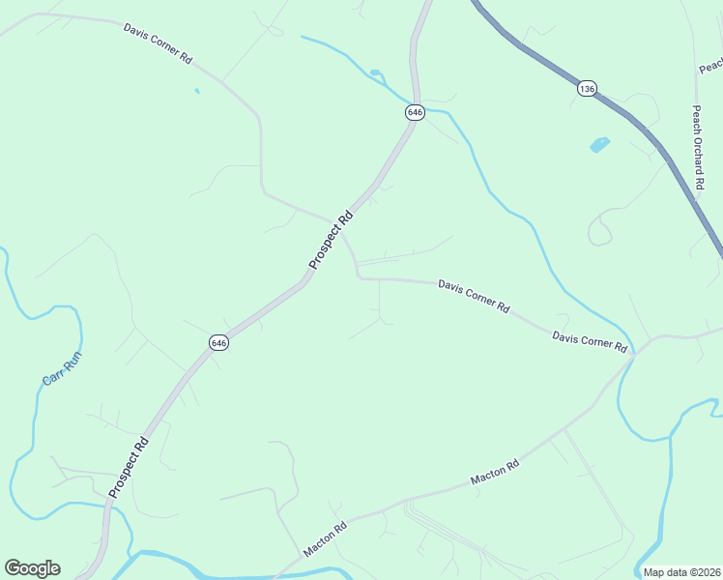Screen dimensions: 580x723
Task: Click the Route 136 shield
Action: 587,89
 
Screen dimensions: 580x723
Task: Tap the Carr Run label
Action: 62,368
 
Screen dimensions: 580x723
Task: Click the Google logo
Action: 32,568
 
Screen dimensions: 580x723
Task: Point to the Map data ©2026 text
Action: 682,572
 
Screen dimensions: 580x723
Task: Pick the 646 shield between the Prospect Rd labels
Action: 219,343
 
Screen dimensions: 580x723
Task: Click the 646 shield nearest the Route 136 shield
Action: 415,112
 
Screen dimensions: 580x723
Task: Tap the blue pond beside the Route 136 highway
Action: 599,145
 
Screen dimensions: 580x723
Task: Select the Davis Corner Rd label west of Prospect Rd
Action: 158,43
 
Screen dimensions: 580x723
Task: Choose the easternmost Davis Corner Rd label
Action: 590,341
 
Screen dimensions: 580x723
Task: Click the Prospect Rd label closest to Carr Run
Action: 129,468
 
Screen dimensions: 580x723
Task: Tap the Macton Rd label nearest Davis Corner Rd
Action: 496,473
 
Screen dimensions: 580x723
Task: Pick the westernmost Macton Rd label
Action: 326,539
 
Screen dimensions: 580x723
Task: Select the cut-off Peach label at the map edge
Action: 710,66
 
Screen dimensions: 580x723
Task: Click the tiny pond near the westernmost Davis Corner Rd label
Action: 197,91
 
